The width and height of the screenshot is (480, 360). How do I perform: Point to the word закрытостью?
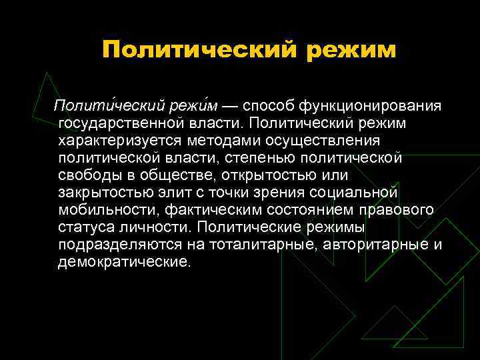pos(99,193)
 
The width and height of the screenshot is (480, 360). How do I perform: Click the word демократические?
pos(124,262)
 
